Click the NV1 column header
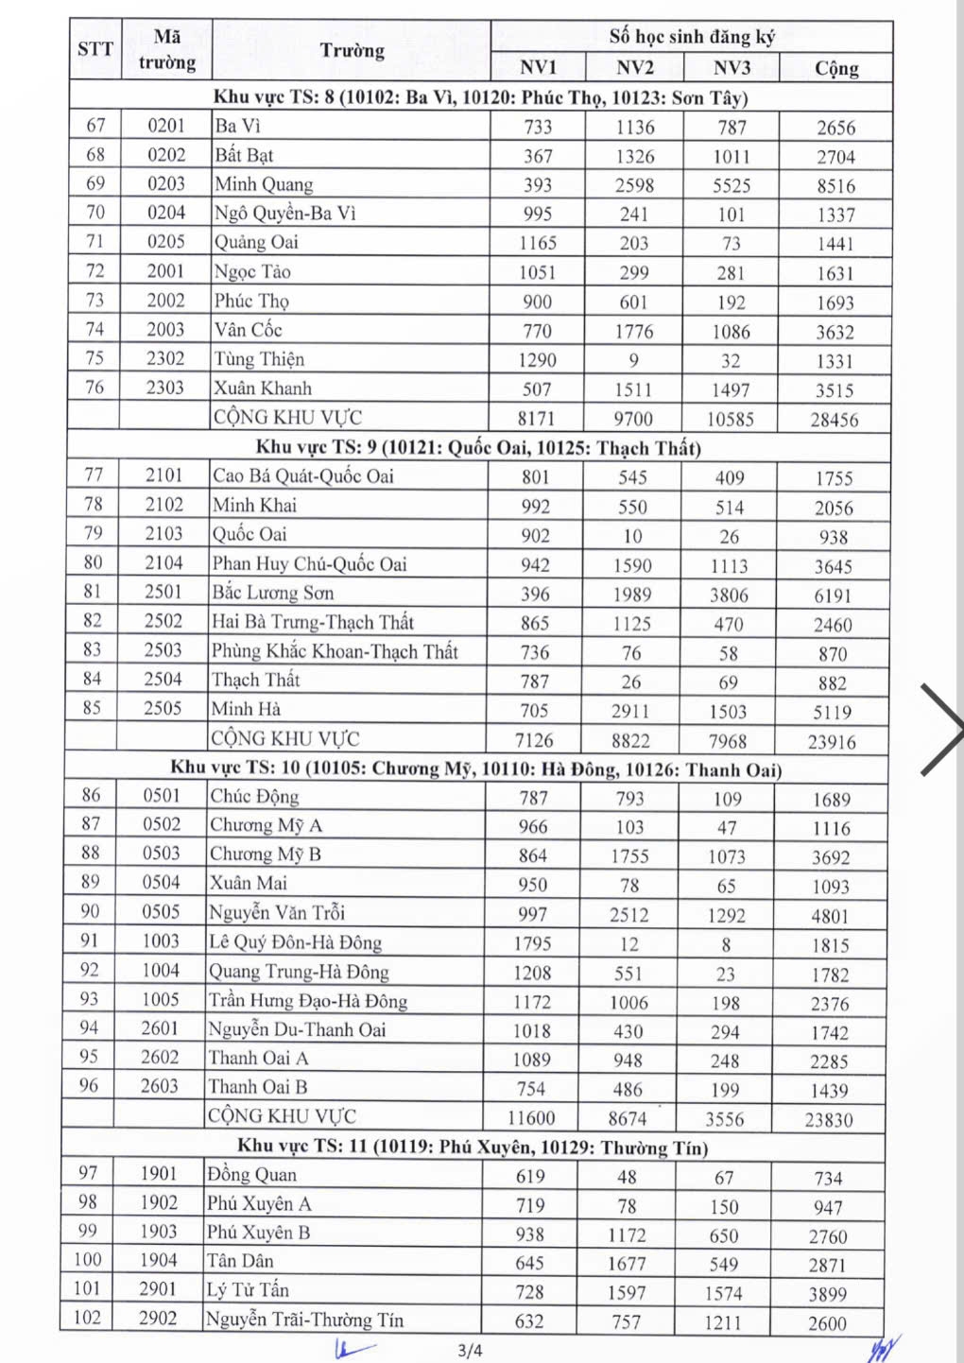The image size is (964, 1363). click(x=538, y=67)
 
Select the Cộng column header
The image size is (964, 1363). click(x=836, y=68)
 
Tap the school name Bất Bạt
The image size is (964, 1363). click(x=244, y=155)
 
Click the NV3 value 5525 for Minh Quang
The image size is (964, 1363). click(x=732, y=186)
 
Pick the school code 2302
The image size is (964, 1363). click(x=165, y=359)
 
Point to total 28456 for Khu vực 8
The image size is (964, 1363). click(x=834, y=420)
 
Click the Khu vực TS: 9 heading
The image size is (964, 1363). click(x=478, y=447)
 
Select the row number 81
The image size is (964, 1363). click(x=93, y=592)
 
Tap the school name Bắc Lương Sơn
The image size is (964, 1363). click(x=272, y=594)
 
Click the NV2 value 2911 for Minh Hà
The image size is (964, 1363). click(x=630, y=712)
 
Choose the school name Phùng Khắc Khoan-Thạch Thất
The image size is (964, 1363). click(x=335, y=651)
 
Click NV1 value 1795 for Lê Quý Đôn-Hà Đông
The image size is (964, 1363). click(x=532, y=944)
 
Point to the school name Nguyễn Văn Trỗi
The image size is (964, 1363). click(x=277, y=913)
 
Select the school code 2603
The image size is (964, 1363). click(x=160, y=1087)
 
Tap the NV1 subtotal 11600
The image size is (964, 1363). click(x=531, y=1118)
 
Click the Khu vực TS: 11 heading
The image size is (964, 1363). click(x=472, y=1147)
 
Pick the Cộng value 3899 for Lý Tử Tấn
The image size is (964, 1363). click(x=828, y=1294)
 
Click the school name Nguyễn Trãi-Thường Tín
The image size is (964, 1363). click(x=304, y=1320)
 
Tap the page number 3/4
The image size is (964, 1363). click(x=470, y=1351)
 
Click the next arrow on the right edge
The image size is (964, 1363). click(x=939, y=729)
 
